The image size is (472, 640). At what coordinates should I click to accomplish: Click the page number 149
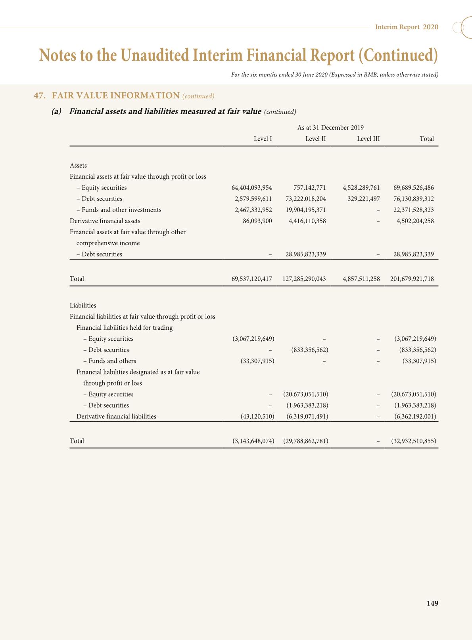432,603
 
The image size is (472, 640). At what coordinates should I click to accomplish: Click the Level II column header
315,139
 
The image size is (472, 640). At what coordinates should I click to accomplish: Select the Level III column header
368,139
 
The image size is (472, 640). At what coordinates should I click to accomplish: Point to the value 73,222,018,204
305,199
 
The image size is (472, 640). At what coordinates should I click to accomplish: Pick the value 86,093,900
257,221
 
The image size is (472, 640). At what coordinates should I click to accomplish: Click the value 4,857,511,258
361,279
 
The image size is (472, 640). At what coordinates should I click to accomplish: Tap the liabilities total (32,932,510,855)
413,441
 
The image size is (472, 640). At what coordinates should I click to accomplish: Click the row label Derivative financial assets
105,221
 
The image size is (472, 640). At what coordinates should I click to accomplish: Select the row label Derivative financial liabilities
116,416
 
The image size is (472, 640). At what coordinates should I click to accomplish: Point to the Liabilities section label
83,306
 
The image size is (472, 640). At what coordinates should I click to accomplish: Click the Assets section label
78,166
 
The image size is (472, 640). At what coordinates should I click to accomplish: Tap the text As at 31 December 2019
330,128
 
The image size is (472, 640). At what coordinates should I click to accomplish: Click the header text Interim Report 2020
407,27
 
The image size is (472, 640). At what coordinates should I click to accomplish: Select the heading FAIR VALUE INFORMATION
116,96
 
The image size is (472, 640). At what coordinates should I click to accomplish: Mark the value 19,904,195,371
305,210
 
